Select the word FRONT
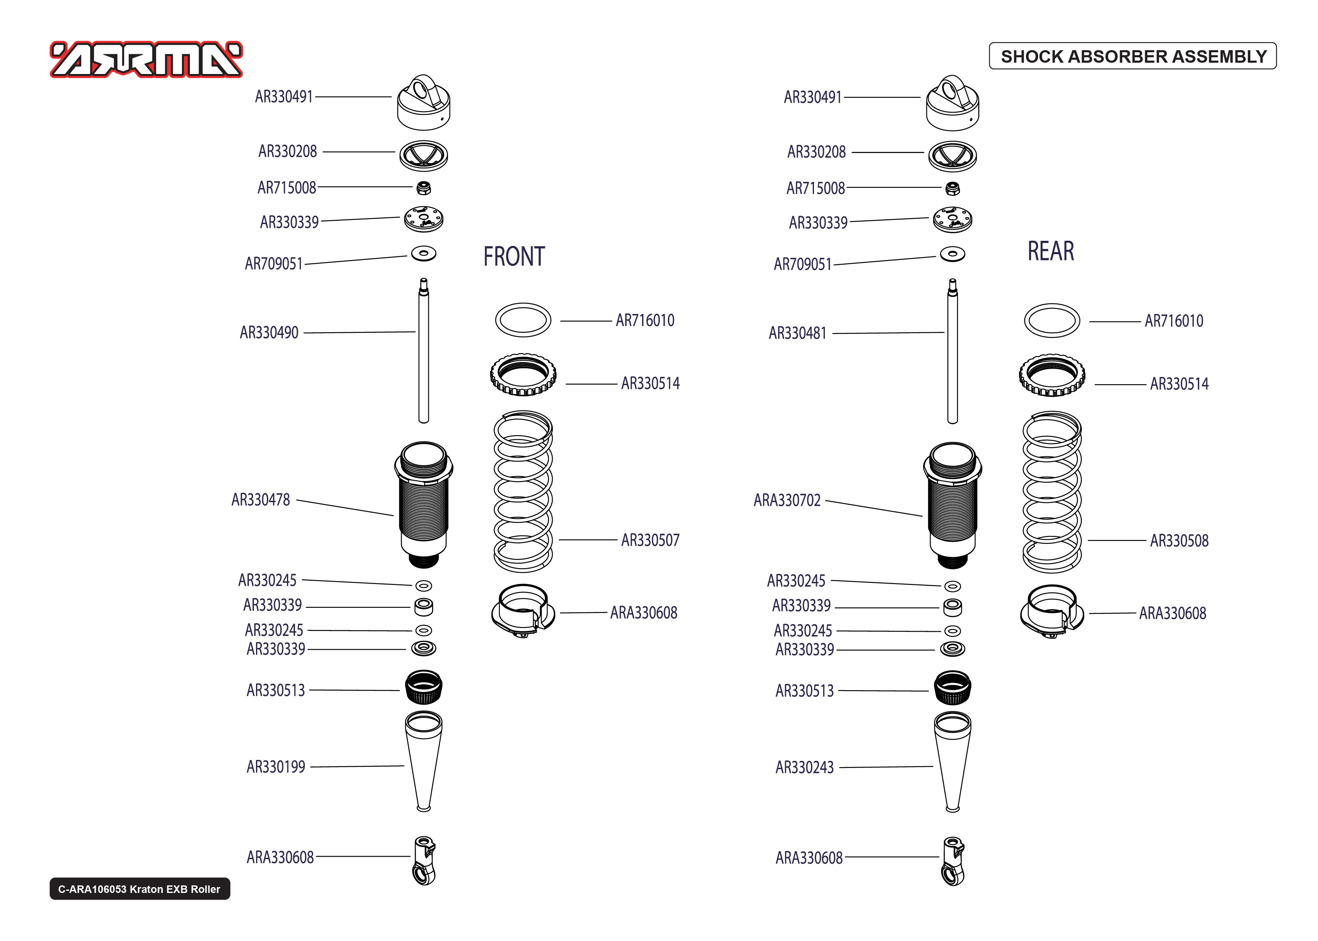[x=514, y=257]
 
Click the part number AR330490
[x=269, y=333]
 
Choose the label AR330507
[x=650, y=540]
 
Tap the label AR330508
[x=1179, y=541]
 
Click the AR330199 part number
[x=276, y=767]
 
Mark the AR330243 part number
[x=804, y=767]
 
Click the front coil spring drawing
[x=523, y=491]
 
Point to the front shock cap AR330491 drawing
[x=424, y=103]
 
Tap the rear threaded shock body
[x=952, y=504]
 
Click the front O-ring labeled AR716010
[x=523, y=320]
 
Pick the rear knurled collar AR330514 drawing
[x=1052, y=375]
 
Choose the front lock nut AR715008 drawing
[x=424, y=188]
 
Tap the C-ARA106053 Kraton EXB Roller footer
[x=140, y=889]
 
